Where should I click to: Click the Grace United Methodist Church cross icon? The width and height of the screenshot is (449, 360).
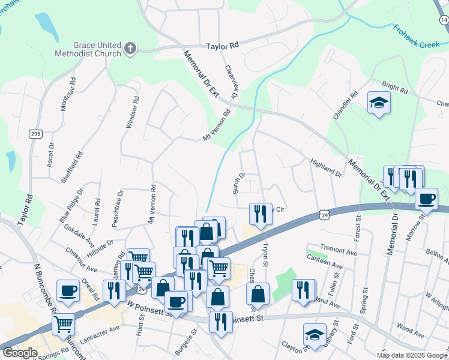(x=130, y=47)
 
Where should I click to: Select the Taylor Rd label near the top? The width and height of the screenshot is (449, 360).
(x=222, y=46)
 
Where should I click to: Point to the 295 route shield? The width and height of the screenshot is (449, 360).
(x=35, y=134)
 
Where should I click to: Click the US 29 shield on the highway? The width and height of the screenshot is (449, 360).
(x=324, y=214)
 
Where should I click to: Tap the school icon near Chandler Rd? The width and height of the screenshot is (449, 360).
(x=379, y=103)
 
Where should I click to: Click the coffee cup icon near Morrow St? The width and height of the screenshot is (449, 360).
(x=426, y=198)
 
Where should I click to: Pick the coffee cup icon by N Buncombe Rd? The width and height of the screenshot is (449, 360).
(x=68, y=290)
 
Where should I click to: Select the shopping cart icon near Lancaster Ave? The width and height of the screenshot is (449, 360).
(x=63, y=324)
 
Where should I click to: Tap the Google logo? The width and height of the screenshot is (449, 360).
(x=20, y=353)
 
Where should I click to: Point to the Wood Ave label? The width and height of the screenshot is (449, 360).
(x=411, y=329)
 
